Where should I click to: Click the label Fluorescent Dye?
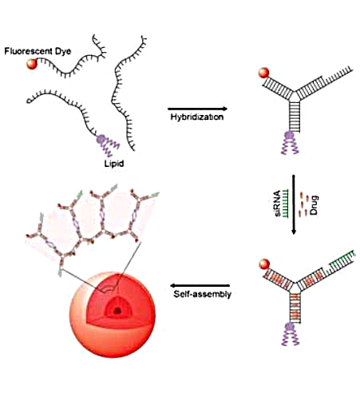[38, 51]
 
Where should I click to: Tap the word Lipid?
[114, 163]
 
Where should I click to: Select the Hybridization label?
[197, 117]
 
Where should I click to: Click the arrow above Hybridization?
[197, 109]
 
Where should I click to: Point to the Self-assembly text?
[202, 294]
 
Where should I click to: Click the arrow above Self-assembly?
[200, 286]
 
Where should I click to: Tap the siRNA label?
[278, 203]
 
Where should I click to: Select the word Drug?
[315, 205]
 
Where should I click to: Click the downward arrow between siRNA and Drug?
[294, 204]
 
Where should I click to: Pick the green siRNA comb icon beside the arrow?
[286, 204]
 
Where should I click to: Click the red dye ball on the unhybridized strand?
[32, 64]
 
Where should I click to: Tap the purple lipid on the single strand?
[107, 145]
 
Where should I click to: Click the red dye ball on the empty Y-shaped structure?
[263, 73]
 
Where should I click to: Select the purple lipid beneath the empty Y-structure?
[290, 143]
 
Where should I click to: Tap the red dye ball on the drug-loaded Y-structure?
[264, 264]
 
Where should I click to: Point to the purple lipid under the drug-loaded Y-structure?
[291, 334]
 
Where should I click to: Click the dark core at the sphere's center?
[117, 311]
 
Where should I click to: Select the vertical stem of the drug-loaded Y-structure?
[295, 307]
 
